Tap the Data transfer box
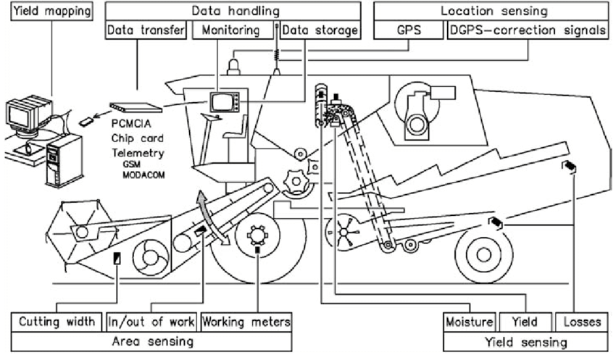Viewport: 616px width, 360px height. (147, 31)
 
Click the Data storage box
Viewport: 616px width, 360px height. (320, 31)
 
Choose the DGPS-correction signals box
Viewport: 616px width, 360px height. (527, 31)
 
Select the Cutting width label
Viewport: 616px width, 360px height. (57, 321)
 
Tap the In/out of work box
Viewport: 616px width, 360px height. (151, 321)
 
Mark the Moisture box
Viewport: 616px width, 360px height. (469, 321)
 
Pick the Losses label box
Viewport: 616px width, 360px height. (578, 321)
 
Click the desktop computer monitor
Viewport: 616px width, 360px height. (25, 114)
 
